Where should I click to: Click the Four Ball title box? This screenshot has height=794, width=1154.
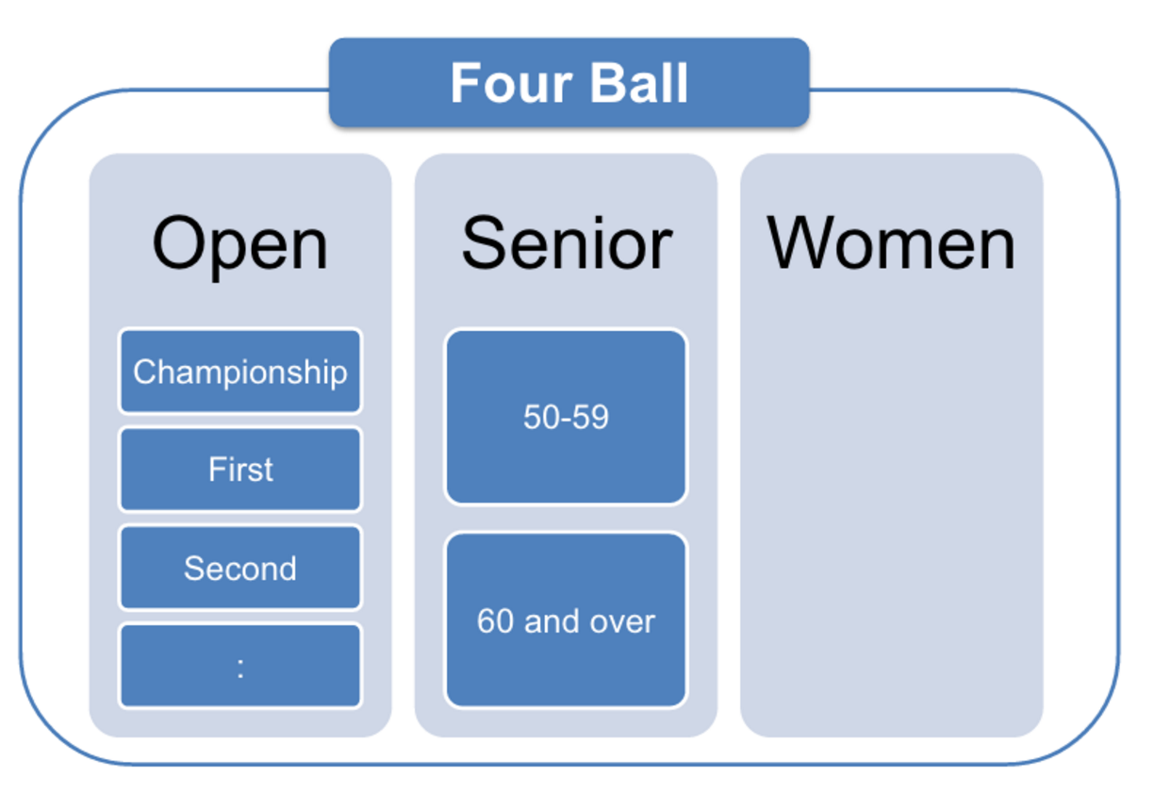point(569,82)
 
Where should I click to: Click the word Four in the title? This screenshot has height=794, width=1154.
point(511,83)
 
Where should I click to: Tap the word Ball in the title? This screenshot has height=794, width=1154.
point(639,83)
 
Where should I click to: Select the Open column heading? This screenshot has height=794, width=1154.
point(239,245)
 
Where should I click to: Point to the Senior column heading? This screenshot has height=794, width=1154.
point(567,243)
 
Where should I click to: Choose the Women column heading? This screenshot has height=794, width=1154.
point(891,243)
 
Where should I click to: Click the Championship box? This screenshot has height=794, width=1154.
point(240,371)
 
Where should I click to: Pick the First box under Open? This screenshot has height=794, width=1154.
point(240,469)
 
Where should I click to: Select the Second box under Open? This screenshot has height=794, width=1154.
point(240,568)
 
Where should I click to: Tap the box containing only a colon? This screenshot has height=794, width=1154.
point(240,666)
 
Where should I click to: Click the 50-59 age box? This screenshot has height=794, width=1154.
point(566,417)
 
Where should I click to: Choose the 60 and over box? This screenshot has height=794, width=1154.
point(566,620)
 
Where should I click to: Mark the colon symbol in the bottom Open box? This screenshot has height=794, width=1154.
point(240,669)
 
